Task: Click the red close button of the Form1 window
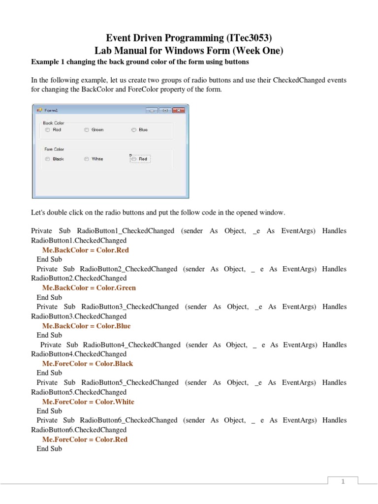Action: click(x=179, y=110)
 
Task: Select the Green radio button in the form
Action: click(x=87, y=130)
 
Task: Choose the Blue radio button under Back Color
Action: click(x=133, y=130)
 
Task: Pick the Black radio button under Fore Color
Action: click(x=48, y=159)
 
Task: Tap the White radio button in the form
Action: click(x=87, y=159)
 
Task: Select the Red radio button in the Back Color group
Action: click(x=48, y=130)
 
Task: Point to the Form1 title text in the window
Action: click(x=51, y=111)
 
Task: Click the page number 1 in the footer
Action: click(x=344, y=482)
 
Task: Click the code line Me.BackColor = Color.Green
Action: click(x=89, y=288)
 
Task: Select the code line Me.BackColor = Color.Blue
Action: click(x=86, y=326)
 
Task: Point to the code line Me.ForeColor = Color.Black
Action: click(x=88, y=364)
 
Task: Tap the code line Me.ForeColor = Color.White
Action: click(x=88, y=402)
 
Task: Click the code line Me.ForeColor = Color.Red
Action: click(x=85, y=440)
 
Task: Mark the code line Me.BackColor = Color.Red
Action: click(x=86, y=250)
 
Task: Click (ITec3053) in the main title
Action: click(x=247, y=37)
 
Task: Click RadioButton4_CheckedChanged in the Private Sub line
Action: click(x=132, y=345)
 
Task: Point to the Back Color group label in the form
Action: click(x=54, y=123)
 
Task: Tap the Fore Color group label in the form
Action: click(x=54, y=149)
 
